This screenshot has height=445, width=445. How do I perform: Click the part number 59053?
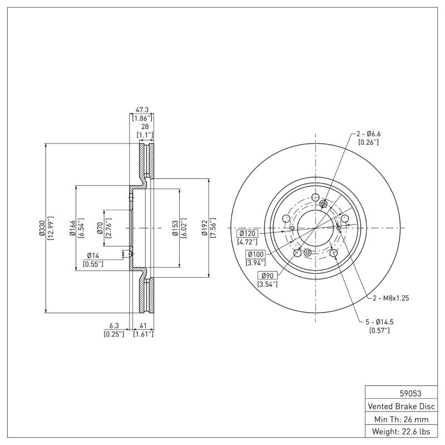click(401, 392)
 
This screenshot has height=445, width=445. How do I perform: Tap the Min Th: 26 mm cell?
click(401, 418)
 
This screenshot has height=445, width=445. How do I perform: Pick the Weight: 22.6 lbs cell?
click(401, 432)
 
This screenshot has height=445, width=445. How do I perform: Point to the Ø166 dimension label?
click(72, 228)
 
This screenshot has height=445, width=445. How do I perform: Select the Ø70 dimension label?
click(100, 228)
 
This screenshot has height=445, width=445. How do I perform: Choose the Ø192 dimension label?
click(205, 228)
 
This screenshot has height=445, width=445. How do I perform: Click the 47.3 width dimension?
click(142, 110)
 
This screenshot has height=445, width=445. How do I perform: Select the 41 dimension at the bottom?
click(142, 326)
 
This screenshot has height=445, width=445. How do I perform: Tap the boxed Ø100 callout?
click(256, 254)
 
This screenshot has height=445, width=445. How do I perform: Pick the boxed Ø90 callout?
click(266, 276)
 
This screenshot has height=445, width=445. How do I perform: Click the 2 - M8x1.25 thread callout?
click(390, 298)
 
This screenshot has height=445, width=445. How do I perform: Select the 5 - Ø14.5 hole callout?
click(380, 322)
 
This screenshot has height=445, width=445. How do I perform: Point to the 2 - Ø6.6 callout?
click(369, 134)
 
